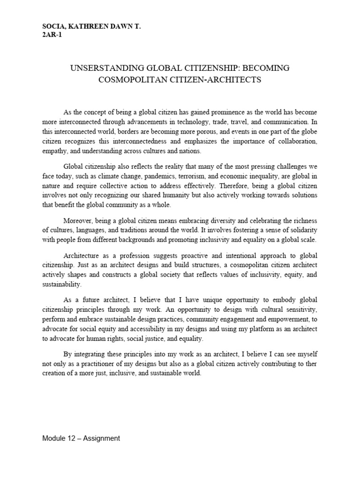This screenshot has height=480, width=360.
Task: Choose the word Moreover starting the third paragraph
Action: (x=78, y=220)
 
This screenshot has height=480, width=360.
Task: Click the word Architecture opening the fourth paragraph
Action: (x=82, y=255)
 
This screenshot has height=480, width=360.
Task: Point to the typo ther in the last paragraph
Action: (x=312, y=364)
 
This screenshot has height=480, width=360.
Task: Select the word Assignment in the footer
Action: (x=102, y=438)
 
